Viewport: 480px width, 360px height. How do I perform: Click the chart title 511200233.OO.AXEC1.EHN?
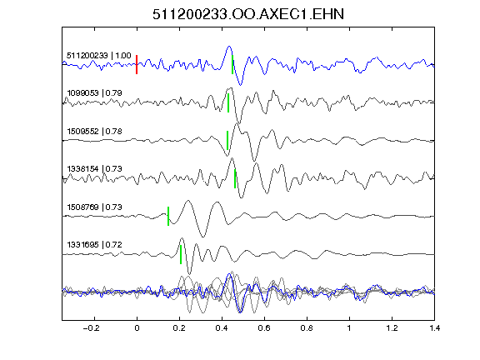pyautogui.click(x=248, y=14)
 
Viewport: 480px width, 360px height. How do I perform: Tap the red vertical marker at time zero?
pyautogui.click(x=137, y=65)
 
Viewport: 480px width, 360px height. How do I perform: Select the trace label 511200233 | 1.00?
pyautogui.click(x=99, y=56)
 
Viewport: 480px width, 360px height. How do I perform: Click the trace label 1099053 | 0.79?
pyautogui.click(x=94, y=92)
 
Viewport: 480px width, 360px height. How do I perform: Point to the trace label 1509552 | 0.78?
pyautogui.click(x=94, y=132)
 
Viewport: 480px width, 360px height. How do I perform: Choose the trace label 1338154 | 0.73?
pyautogui.click(x=94, y=168)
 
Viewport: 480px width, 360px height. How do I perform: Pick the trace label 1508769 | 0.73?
pyautogui.click(x=94, y=207)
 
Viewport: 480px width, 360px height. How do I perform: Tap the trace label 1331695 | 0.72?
pyautogui.click(x=94, y=245)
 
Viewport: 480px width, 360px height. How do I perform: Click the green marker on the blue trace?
pyautogui.click(x=232, y=65)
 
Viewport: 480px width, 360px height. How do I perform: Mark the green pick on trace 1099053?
pyautogui.click(x=228, y=102)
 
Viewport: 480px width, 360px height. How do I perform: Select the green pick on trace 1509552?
pyautogui.click(x=227, y=141)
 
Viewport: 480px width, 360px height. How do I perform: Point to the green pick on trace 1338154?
pyautogui.click(x=235, y=178)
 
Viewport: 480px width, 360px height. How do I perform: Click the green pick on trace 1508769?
pyautogui.click(x=168, y=216)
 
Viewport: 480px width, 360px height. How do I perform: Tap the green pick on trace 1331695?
pyautogui.click(x=181, y=254)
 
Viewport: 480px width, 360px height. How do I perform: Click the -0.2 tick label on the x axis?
pyautogui.click(x=91, y=328)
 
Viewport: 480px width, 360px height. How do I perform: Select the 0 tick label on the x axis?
pyautogui.click(x=137, y=328)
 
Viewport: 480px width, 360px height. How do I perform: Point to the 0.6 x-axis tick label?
pyautogui.click(x=264, y=328)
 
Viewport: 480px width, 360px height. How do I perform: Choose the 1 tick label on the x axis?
pyautogui.click(x=349, y=328)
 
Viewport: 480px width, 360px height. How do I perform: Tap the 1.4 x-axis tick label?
pyautogui.click(x=434, y=328)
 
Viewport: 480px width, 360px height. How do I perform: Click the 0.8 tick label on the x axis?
pyautogui.click(x=307, y=328)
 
